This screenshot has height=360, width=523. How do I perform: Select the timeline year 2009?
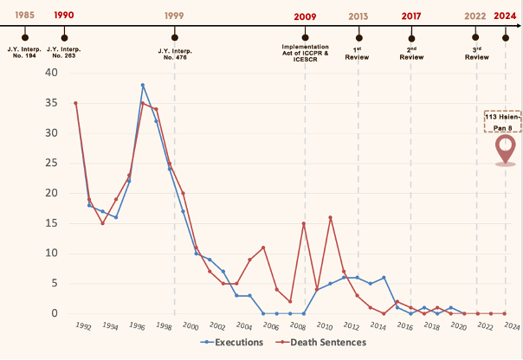click(305, 16)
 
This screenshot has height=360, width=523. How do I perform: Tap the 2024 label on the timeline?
click(506, 16)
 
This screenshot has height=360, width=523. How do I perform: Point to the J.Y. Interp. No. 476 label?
click(175, 55)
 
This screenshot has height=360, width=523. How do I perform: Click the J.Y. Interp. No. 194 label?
click(25, 55)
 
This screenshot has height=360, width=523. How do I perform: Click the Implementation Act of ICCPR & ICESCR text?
click(305, 53)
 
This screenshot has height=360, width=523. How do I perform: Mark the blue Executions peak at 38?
click(143, 85)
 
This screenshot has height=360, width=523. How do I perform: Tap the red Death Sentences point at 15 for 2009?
click(304, 223)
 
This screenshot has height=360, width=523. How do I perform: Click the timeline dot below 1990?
click(64, 38)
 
